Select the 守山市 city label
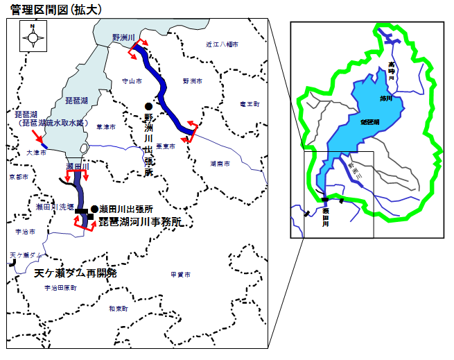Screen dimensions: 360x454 (x=131, y=80)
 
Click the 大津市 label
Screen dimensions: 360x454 (x=36, y=151)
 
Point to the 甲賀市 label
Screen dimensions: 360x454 (x=181, y=275)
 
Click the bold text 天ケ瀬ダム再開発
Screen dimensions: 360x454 (x=76, y=273)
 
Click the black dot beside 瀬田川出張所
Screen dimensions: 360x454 (x=94, y=209)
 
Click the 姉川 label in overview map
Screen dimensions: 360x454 (x=385, y=98)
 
